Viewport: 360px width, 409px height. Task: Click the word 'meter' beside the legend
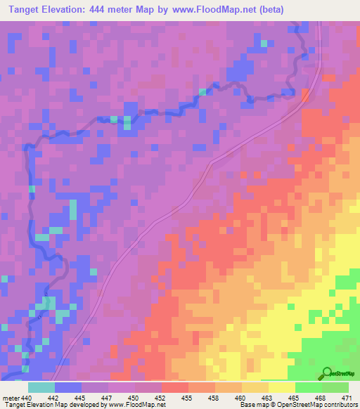coord(11,398)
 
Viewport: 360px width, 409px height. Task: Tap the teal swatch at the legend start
coord(41,387)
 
